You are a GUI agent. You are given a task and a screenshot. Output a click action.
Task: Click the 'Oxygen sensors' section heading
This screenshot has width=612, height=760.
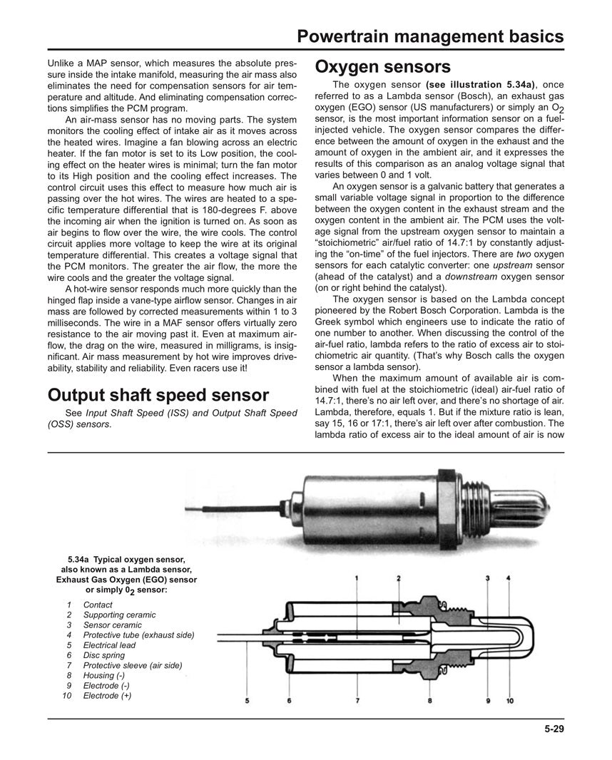tap(382, 67)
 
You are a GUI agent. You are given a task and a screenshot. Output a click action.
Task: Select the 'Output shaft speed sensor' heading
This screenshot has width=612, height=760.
tap(158, 395)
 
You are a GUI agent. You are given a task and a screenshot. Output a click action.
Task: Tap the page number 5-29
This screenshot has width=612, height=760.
tap(553, 729)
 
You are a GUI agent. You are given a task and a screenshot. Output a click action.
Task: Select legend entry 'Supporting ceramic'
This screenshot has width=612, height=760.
tap(118, 615)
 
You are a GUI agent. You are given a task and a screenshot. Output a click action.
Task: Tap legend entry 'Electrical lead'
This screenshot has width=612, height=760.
tap(109, 645)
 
